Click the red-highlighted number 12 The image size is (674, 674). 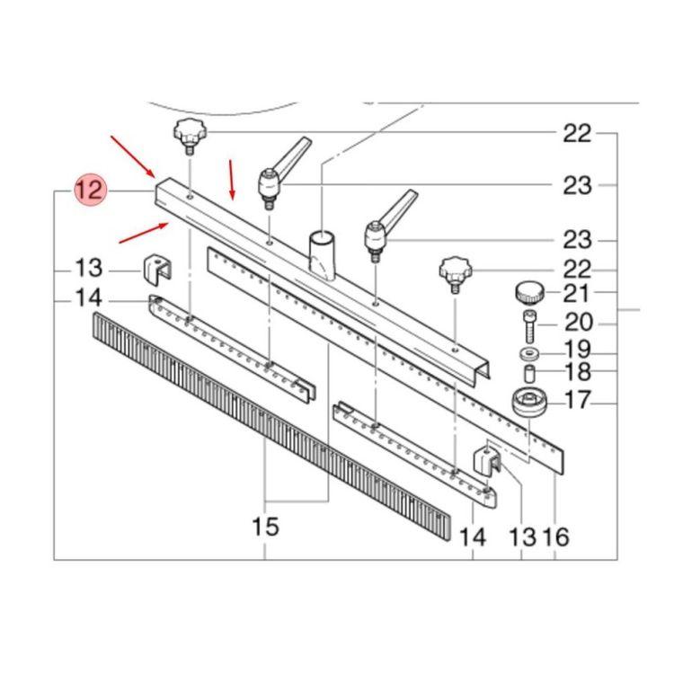89,190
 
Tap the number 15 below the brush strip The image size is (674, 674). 265,526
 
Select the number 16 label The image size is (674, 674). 555,537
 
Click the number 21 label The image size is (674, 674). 576,294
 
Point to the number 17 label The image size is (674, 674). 578,400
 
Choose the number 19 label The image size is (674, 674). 577,349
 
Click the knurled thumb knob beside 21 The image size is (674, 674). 529,293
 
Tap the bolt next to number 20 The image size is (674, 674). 529,327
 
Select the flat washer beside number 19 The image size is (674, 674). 529,354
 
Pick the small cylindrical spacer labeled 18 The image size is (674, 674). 529,373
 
